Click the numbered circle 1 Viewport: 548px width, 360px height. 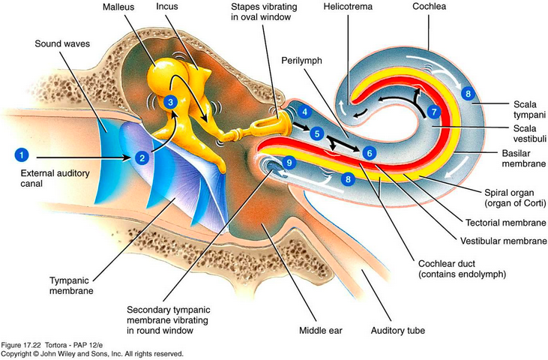(22, 155)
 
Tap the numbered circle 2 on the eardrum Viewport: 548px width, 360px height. (141, 157)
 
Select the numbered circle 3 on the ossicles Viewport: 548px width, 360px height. (172, 102)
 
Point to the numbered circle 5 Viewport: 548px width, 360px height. (318, 133)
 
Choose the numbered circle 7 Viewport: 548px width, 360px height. (433, 112)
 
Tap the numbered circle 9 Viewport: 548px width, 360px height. (290, 162)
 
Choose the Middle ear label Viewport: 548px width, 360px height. (316, 330)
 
